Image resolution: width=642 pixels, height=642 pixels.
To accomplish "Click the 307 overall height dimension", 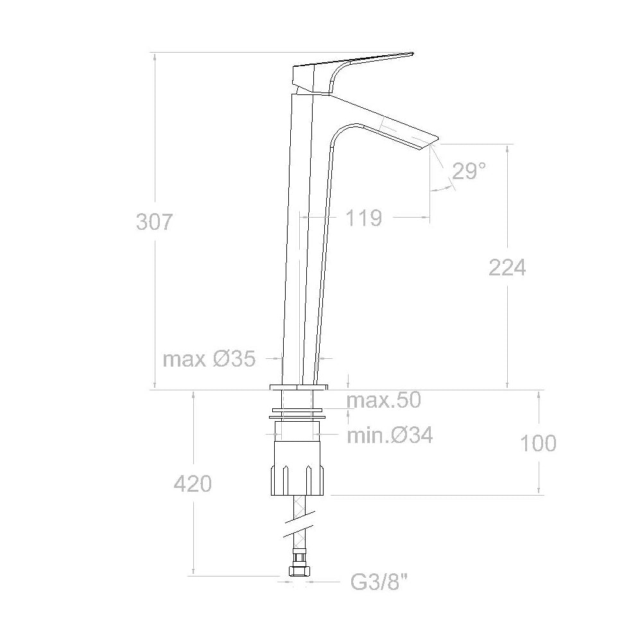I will pos(154,221).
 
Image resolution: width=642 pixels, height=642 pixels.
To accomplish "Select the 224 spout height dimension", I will pos(507,267).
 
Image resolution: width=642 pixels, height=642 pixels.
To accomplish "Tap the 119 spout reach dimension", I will pos(364,218).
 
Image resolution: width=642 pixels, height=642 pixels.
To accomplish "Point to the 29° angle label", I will pos(469,171).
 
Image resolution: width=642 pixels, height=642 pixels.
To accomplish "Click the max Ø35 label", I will pos(209,359).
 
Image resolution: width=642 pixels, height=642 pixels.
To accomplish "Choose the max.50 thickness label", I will pos(383,401).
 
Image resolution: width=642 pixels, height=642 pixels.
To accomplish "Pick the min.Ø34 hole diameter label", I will pos(390,436).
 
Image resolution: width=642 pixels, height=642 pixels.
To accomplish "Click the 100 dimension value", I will pos(538,443).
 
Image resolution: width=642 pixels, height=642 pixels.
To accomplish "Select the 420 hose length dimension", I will pos(193,483).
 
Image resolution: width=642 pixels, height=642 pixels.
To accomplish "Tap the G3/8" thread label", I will pos(379,583).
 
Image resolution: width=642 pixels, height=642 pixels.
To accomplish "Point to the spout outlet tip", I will pos(429,143).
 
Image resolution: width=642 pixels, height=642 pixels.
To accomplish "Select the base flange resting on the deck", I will pos(299,387).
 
